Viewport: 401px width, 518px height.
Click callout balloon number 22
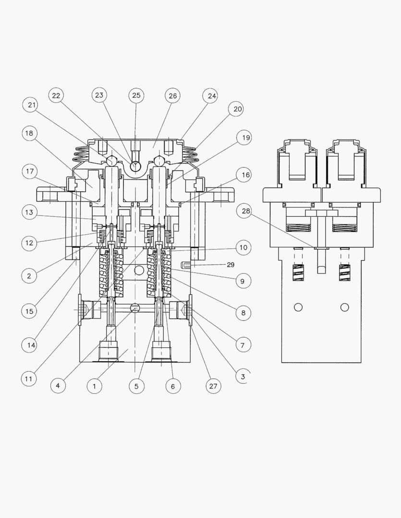[x=56, y=96]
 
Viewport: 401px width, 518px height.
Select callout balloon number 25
[x=136, y=96]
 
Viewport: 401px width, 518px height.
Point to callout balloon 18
[x=30, y=133]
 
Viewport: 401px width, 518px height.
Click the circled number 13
[x=30, y=212]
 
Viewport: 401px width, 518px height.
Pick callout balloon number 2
[x=30, y=276]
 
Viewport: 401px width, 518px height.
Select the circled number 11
[x=30, y=378]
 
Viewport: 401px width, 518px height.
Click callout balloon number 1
[x=95, y=386]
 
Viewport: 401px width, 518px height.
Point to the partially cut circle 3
[x=243, y=377]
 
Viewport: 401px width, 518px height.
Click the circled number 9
[x=243, y=281]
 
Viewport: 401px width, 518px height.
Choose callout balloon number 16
[x=245, y=175]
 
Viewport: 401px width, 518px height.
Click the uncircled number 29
[x=230, y=265]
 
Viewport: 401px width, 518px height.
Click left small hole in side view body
[x=298, y=307]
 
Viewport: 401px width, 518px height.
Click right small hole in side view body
[x=344, y=307]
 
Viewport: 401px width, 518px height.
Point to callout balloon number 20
[x=237, y=109]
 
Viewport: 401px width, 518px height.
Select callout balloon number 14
[x=30, y=344]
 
